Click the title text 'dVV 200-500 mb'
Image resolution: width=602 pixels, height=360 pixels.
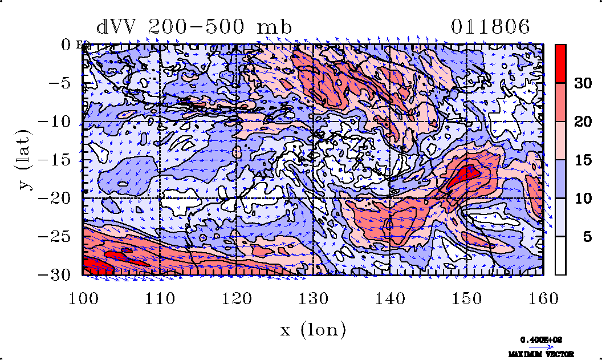(194, 27)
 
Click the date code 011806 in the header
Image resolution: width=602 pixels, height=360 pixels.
(490, 27)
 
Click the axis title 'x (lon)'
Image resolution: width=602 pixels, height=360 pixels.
(313, 329)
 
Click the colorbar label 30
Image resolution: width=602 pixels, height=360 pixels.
(582, 83)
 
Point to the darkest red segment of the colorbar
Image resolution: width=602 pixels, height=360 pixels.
(560, 63)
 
